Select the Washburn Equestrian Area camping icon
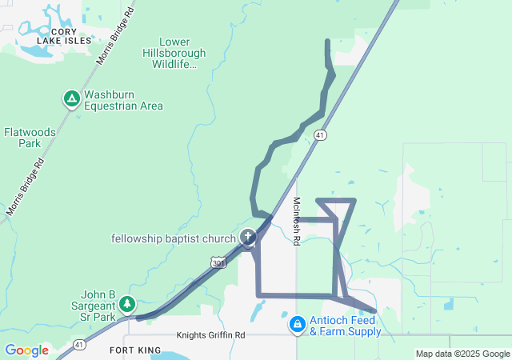tap(71, 99)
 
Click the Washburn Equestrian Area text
tap(123, 99)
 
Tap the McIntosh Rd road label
tap(296, 221)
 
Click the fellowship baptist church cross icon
tap(248, 237)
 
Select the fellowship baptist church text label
tap(174, 238)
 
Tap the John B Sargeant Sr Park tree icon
tap(127, 304)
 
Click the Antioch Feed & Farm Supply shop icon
tap(297, 324)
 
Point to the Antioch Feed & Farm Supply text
tap(345, 326)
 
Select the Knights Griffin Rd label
tap(210, 336)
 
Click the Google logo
tap(26, 350)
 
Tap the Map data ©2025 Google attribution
tap(462, 354)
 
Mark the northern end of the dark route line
tap(327, 41)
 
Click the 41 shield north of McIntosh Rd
tap(320, 135)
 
